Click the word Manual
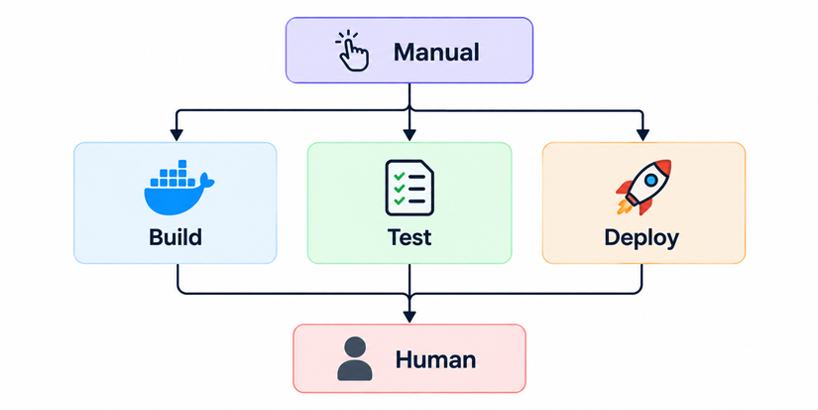[436, 53]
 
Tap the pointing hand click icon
[352, 51]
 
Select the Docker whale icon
[178, 188]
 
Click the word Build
[175, 237]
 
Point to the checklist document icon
[409, 188]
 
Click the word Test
[409, 237]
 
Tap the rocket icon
[643, 187]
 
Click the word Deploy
[642, 238]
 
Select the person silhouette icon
[355, 358]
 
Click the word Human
[435, 359]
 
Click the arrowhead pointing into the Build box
[176, 135]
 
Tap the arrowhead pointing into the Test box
[409, 135]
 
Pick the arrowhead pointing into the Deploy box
[643, 135]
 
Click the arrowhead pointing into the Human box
[409, 317]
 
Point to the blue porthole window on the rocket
[650, 181]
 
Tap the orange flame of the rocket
[623, 207]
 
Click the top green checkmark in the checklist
[400, 177]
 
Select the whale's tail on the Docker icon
[206, 181]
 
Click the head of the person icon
[355, 346]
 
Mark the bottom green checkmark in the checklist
[400, 201]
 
